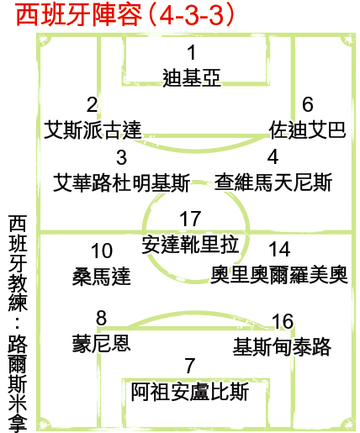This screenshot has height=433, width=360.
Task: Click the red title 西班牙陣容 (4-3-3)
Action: pos(125,15)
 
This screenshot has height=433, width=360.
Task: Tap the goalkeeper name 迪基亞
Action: pos(192,77)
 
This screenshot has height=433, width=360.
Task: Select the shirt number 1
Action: pos(192,52)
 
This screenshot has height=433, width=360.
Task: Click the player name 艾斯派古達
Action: pos(93,129)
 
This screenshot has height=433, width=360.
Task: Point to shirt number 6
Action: pos(308,104)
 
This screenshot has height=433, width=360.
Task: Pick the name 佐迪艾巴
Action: pos(307,129)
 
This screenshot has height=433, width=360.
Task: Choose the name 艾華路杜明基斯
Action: pos(122,182)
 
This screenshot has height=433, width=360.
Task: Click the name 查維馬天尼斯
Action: pos(273,182)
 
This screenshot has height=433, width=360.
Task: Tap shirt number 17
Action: pos(190,219)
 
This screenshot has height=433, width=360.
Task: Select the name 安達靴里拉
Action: pos(190,245)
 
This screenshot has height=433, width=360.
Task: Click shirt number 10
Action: pos(102,251)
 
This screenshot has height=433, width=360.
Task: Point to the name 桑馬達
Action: pos(102,276)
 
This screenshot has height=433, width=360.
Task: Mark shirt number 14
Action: pos(279,249)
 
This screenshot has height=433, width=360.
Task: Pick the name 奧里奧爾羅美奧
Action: pos(279,275)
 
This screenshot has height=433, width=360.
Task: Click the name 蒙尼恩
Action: pos(102,344)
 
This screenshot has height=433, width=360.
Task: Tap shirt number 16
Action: pos(283,321)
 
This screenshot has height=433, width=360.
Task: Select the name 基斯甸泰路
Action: pos(282,346)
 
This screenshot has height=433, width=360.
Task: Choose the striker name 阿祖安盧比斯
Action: pos(190,392)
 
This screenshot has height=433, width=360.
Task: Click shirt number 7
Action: pos(190,366)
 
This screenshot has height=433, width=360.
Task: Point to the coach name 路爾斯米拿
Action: pos(18,383)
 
